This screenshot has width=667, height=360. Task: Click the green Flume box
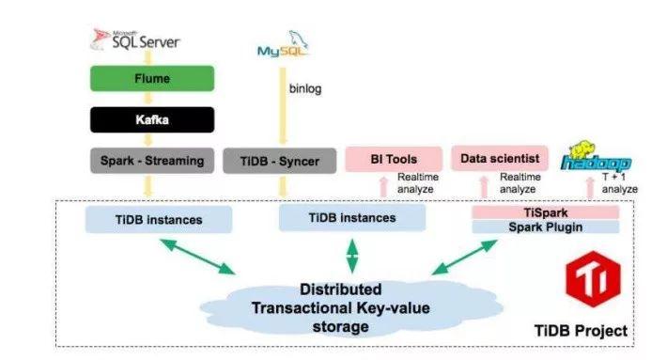(147, 80)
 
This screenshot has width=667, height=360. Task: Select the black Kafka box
(147, 120)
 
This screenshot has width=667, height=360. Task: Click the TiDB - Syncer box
(279, 161)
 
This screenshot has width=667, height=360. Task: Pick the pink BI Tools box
(393, 160)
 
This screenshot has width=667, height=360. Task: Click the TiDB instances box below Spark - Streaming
(157, 219)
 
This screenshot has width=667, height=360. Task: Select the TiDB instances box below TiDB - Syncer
(352, 218)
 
